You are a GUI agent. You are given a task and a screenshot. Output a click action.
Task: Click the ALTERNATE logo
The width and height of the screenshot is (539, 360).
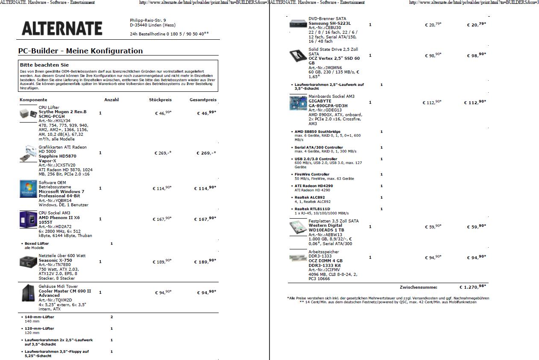[62, 28]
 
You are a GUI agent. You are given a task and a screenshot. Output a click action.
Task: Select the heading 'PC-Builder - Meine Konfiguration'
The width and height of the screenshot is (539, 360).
[80, 51]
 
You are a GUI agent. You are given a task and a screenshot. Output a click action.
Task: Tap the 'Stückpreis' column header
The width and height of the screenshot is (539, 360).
[160, 100]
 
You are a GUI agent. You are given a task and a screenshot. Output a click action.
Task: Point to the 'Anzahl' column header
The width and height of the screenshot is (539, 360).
[111, 100]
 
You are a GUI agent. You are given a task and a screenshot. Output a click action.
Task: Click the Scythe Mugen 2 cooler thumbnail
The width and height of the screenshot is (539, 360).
[28, 114]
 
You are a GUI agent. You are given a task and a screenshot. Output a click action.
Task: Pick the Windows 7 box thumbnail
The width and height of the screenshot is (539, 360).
[28, 188]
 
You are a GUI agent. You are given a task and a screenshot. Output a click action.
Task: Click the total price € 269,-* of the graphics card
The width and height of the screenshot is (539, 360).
[206, 153]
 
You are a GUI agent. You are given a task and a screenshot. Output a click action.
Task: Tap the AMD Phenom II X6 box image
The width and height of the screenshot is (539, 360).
[28, 220]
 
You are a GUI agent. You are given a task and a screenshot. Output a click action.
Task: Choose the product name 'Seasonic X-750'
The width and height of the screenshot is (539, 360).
[55, 260]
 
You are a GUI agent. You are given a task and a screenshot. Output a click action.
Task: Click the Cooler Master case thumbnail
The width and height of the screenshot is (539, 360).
[28, 293]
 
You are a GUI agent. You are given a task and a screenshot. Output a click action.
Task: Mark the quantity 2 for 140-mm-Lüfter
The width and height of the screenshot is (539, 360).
[111, 317]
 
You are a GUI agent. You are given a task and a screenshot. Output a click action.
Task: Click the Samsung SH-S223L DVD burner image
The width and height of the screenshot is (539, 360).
[298, 24]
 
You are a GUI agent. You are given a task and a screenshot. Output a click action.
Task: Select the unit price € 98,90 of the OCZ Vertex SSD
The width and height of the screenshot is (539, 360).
[433, 56]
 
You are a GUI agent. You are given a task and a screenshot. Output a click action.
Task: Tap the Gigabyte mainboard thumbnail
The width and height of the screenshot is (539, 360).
[298, 102]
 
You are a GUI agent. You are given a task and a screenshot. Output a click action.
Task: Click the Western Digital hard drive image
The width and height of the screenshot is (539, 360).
[298, 227]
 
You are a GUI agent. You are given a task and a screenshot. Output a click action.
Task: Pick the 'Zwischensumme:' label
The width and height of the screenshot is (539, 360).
[418, 287]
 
